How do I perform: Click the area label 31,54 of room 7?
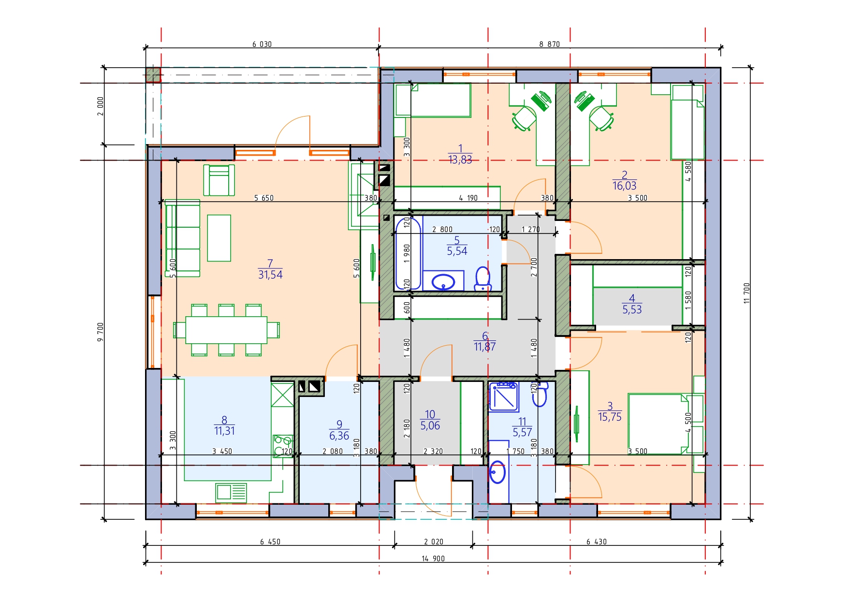[270, 275]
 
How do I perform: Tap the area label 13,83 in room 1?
[460, 160]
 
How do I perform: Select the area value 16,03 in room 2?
[624, 186]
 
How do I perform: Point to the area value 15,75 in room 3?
[610, 417]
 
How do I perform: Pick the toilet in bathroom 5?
[482, 279]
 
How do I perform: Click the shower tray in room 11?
[503, 396]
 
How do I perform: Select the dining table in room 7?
[226, 330]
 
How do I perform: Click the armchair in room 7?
[219, 180]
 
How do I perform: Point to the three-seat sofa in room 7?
[182, 238]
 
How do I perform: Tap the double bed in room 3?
[658, 424]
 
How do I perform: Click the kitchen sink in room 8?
[231, 493]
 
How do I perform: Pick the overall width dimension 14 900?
[433, 558]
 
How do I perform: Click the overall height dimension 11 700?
[746, 293]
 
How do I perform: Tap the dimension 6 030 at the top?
[262, 44]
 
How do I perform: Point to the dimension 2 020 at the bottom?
[434, 541]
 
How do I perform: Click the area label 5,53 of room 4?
[632, 309]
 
